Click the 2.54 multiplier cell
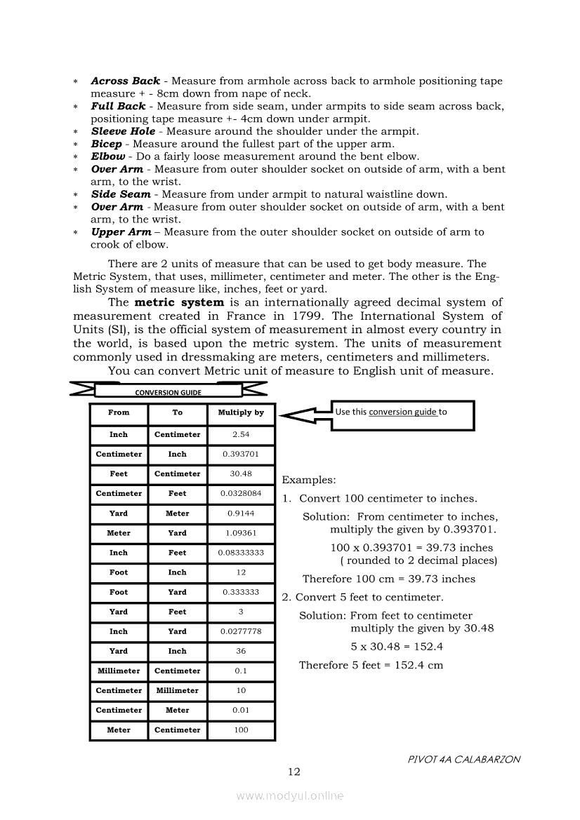pyautogui.click(x=241, y=435)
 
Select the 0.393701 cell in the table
pyautogui.click(x=241, y=455)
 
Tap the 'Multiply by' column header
pyautogui.click(x=241, y=413)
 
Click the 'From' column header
pyautogui.click(x=119, y=413)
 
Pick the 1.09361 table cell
pyautogui.click(x=241, y=533)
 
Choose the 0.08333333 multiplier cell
pyautogui.click(x=241, y=553)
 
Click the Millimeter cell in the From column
pyautogui.click(x=119, y=671)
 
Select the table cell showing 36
pyautogui.click(x=241, y=652)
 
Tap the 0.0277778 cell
pyautogui.click(x=241, y=632)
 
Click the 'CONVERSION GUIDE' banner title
pyautogui.click(x=168, y=393)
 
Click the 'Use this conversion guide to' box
pyautogui.click(x=402, y=415)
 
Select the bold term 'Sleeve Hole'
pyautogui.click(x=123, y=131)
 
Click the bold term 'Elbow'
pyautogui.click(x=108, y=156)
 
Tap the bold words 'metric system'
pyautogui.click(x=179, y=303)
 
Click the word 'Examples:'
pyautogui.click(x=309, y=480)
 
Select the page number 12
pyautogui.click(x=294, y=772)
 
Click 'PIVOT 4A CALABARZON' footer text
pyautogui.click(x=463, y=760)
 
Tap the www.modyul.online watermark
pyautogui.click(x=290, y=796)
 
